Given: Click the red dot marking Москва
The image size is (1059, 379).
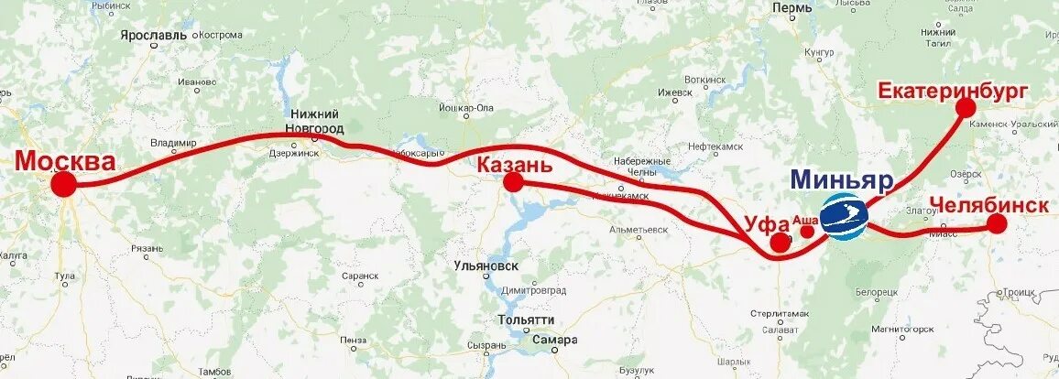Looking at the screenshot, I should point(63,185).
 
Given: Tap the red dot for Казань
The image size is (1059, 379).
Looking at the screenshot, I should point(513,182).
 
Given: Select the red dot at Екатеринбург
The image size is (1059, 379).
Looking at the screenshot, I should point(966,107).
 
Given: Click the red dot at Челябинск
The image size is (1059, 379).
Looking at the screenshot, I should point(997,224).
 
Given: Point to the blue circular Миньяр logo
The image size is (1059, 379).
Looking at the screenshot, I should point(843,216).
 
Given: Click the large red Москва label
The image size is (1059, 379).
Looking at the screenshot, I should point(66,162).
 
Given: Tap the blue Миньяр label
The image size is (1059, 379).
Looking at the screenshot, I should point(840,179).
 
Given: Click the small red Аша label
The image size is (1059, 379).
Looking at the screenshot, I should point(803,220).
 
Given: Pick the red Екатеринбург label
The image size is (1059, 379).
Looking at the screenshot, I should point(953,90).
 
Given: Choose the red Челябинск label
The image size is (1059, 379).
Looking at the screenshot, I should point(988,205).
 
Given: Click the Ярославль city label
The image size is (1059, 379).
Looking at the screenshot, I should point(153,35).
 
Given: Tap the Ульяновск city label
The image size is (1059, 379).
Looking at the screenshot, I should point(486,265).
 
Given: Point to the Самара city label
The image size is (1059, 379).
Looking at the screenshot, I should point(556,340).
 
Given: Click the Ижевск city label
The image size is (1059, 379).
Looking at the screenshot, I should point(676,92).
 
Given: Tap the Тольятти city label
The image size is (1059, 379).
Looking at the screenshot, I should point(526,319).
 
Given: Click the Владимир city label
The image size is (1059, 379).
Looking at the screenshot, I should point(173,143).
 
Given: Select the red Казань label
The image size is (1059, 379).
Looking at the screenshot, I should point(514,165).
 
